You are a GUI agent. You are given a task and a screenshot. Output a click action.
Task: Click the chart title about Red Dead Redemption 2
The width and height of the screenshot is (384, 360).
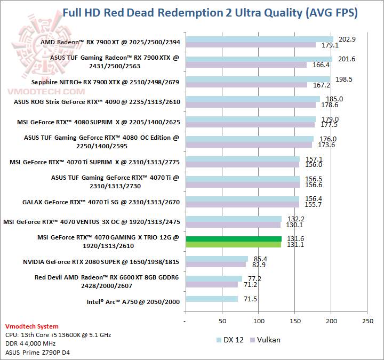(x=210, y=12)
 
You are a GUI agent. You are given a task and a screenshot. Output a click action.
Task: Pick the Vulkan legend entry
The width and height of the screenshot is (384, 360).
(x=269, y=340)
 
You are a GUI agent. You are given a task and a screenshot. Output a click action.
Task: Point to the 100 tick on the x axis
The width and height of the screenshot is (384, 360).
(x=259, y=322)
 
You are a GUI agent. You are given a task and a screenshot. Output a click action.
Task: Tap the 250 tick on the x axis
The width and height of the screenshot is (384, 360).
(x=367, y=322)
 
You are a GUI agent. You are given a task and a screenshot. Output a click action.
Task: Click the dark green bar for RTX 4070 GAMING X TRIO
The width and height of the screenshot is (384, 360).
(x=233, y=239)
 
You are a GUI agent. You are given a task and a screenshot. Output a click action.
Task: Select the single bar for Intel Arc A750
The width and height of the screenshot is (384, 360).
(x=211, y=299)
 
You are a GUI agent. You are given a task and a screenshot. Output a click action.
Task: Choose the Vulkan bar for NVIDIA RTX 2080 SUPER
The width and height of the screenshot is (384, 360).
(x=215, y=265)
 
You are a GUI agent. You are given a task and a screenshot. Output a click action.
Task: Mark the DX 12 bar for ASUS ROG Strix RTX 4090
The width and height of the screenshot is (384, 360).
(x=252, y=99)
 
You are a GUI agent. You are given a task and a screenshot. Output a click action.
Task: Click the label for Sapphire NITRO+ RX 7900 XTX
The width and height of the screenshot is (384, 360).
(x=106, y=82)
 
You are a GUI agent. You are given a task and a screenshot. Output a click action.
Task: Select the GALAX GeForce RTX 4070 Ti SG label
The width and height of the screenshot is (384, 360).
(x=101, y=202)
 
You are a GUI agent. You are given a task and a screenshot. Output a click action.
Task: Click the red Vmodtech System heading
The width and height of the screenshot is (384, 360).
(x=32, y=326)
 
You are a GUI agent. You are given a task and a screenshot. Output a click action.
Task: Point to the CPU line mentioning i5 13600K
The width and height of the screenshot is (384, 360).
(x=58, y=335)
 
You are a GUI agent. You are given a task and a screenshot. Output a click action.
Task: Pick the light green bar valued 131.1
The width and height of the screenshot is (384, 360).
(x=233, y=245)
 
